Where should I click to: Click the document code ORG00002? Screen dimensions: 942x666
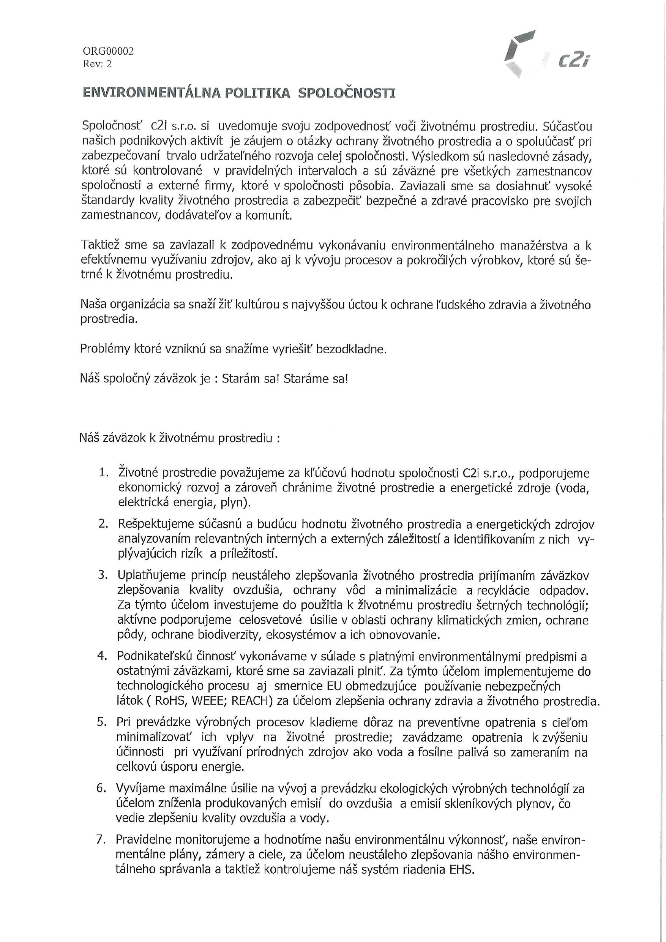[x=108, y=51]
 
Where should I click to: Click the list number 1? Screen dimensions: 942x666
[x=103, y=473]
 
